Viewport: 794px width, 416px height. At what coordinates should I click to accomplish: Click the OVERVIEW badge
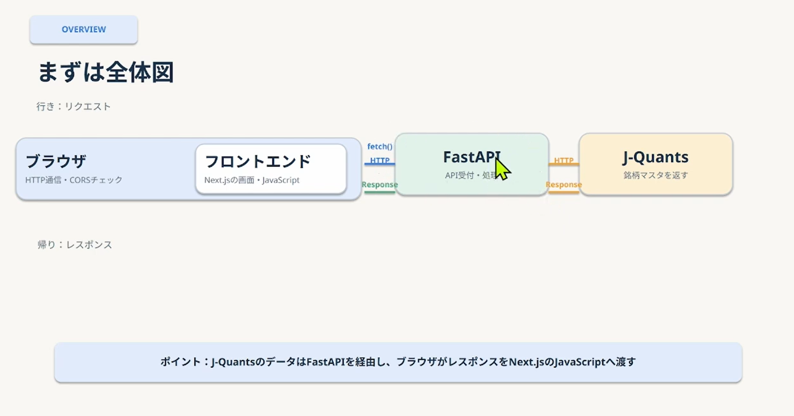(x=84, y=29)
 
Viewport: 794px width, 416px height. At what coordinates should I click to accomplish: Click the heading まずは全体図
(x=105, y=72)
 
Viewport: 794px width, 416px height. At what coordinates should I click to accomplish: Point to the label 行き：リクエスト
(x=73, y=106)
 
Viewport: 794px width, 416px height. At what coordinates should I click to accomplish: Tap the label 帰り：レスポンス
(x=75, y=244)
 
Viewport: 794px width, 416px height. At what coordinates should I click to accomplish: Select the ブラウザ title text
(x=56, y=161)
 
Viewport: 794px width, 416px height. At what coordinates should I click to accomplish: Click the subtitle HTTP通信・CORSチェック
(x=74, y=180)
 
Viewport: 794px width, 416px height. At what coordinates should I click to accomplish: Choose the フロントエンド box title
(x=258, y=162)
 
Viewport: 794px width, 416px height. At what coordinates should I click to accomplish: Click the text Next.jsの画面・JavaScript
(x=252, y=180)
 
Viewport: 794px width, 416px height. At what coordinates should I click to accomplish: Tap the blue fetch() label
(x=380, y=146)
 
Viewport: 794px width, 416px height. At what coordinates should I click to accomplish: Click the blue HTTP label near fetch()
(x=380, y=160)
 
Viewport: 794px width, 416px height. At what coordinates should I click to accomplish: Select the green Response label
(x=380, y=185)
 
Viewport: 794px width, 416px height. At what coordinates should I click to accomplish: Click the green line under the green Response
(x=380, y=192)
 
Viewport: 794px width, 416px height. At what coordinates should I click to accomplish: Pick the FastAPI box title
(x=472, y=157)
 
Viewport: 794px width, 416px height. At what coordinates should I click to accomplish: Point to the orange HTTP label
(x=563, y=160)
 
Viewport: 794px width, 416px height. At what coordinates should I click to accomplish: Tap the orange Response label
(x=563, y=185)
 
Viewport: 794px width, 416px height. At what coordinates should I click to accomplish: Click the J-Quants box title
(x=655, y=157)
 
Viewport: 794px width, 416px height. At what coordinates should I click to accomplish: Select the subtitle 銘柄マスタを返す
(x=655, y=175)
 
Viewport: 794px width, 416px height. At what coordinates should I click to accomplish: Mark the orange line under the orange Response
(x=563, y=192)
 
